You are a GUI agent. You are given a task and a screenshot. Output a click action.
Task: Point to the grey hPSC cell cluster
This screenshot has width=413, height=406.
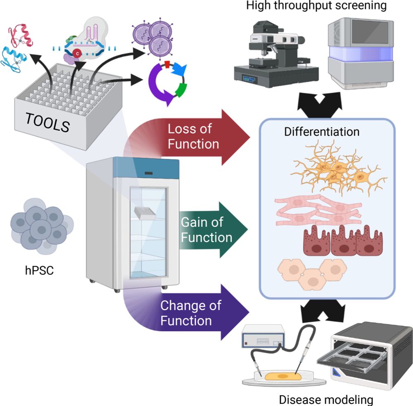pyautogui.click(x=41, y=225)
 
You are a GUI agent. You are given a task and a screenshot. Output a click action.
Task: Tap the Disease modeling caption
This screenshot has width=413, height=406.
pyautogui.click(x=326, y=399)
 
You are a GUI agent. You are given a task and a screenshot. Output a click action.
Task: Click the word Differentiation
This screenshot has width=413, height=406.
pyautogui.click(x=322, y=132)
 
